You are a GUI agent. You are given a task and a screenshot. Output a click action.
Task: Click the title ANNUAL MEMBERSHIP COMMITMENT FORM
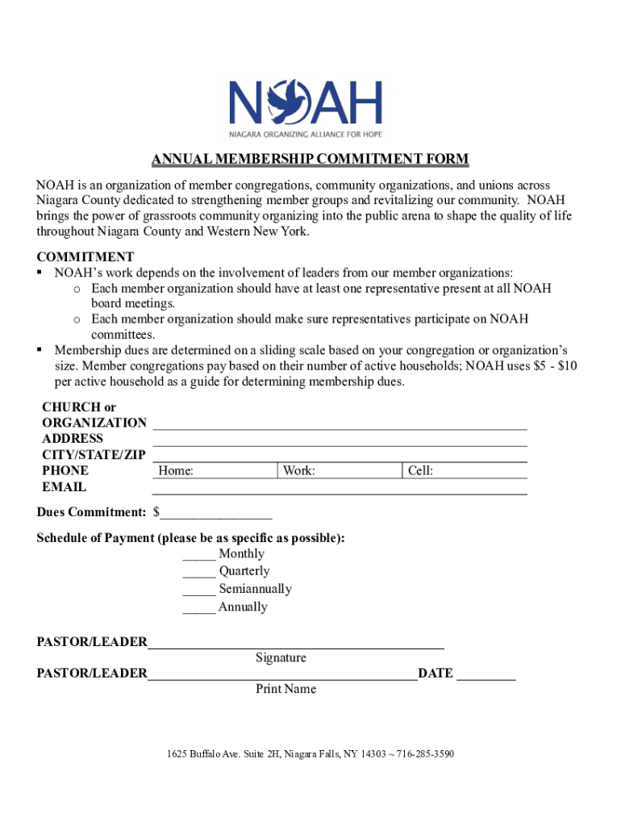click(x=310, y=159)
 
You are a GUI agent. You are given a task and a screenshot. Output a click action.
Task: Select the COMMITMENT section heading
click(x=85, y=257)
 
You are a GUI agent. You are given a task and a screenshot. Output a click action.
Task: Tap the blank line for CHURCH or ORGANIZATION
click(x=340, y=423)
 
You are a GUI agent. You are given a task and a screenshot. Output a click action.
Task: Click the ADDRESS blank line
click(x=340, y=439)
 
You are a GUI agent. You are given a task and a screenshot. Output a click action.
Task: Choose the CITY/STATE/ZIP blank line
click(x=340, y=455)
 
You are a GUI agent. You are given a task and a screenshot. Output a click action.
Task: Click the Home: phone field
click(x=215, y=471)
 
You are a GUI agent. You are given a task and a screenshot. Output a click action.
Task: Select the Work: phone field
click(x=340, y=471)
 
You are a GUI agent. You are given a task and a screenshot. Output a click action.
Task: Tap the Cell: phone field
click(x=465, y=471)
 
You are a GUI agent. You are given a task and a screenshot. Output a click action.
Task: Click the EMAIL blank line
click(x=340, y=487)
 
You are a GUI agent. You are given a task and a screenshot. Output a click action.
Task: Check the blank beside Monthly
click(x=198, y=554)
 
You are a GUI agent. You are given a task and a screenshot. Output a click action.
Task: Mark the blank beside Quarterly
click(x=198, y=572)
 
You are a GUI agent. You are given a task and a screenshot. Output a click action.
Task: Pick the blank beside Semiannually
click(x=198, y=590)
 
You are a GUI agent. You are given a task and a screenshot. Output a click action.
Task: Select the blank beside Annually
click(x=198, y=607)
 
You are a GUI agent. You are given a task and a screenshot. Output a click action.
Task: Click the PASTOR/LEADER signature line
click(x=295, y=643)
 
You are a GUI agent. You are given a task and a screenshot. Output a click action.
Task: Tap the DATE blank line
click(x=486, y=674)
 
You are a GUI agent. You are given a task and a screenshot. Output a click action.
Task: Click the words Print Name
click(x=285, y=689)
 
